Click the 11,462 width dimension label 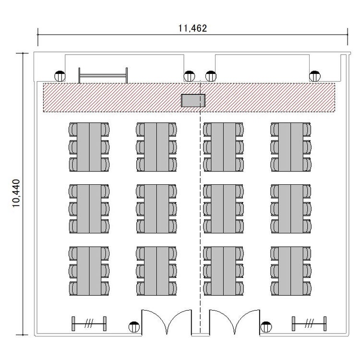point(192,28)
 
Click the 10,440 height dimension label point(16,193)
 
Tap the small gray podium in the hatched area point(193,101)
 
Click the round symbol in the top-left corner point(60,76)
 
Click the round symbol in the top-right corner point(315,76)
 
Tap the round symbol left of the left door point(134,327)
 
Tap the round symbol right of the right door point(266,327)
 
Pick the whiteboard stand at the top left point(103,75)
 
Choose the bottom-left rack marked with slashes point(89,324)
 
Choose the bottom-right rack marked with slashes point(309,324)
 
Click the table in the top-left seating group point(89,147)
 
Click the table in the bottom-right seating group point(291,271)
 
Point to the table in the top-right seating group point(291,147)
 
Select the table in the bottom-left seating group point(89,271)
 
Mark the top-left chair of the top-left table point(73,129)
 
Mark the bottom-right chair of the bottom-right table point(307,288)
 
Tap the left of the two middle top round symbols point(190,76)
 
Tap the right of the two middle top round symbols point(211,76)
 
